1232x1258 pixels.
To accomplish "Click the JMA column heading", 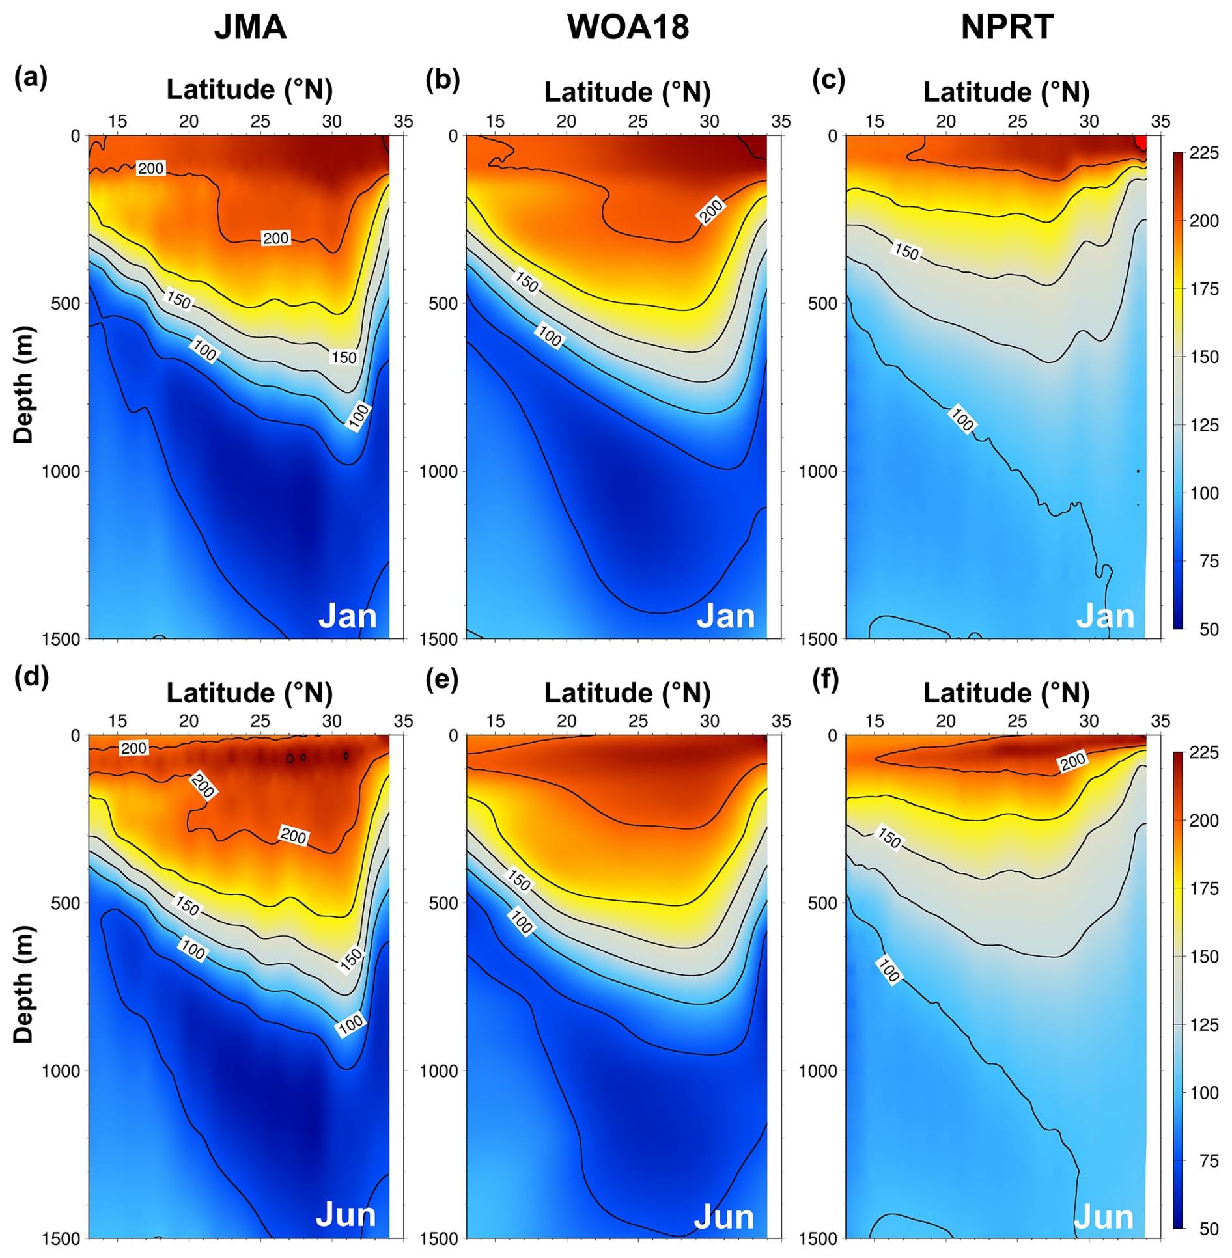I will [x=250, y=27].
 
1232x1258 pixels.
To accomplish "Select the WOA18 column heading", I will [x=628, y=27].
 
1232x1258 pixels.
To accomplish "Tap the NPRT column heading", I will [x=1007, y=27].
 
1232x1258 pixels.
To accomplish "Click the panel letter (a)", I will [x=31, y=77].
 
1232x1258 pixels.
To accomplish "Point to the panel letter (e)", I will [x=442, y=678].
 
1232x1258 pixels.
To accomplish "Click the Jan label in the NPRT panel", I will [x=1105, y=616].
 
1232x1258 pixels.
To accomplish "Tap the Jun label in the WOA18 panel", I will [x=724, y=1216].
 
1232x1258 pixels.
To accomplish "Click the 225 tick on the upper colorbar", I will [x=1203, y=153].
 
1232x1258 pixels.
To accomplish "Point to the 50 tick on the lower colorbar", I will [x=1209, y=1229].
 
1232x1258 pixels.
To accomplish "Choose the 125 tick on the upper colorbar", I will [x=1204, y=425].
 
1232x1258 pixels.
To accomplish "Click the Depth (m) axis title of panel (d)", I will [x=23, y=984].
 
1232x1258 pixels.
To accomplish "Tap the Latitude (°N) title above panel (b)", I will [x=627, y=92].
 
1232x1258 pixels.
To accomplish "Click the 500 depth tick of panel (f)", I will [x=822, y=903].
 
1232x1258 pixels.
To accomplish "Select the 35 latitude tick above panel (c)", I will [x=1160, y=121].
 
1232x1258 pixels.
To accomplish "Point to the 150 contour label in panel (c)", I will [x=906, y=251].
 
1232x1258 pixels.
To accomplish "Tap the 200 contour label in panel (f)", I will [x=1072, y=761].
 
